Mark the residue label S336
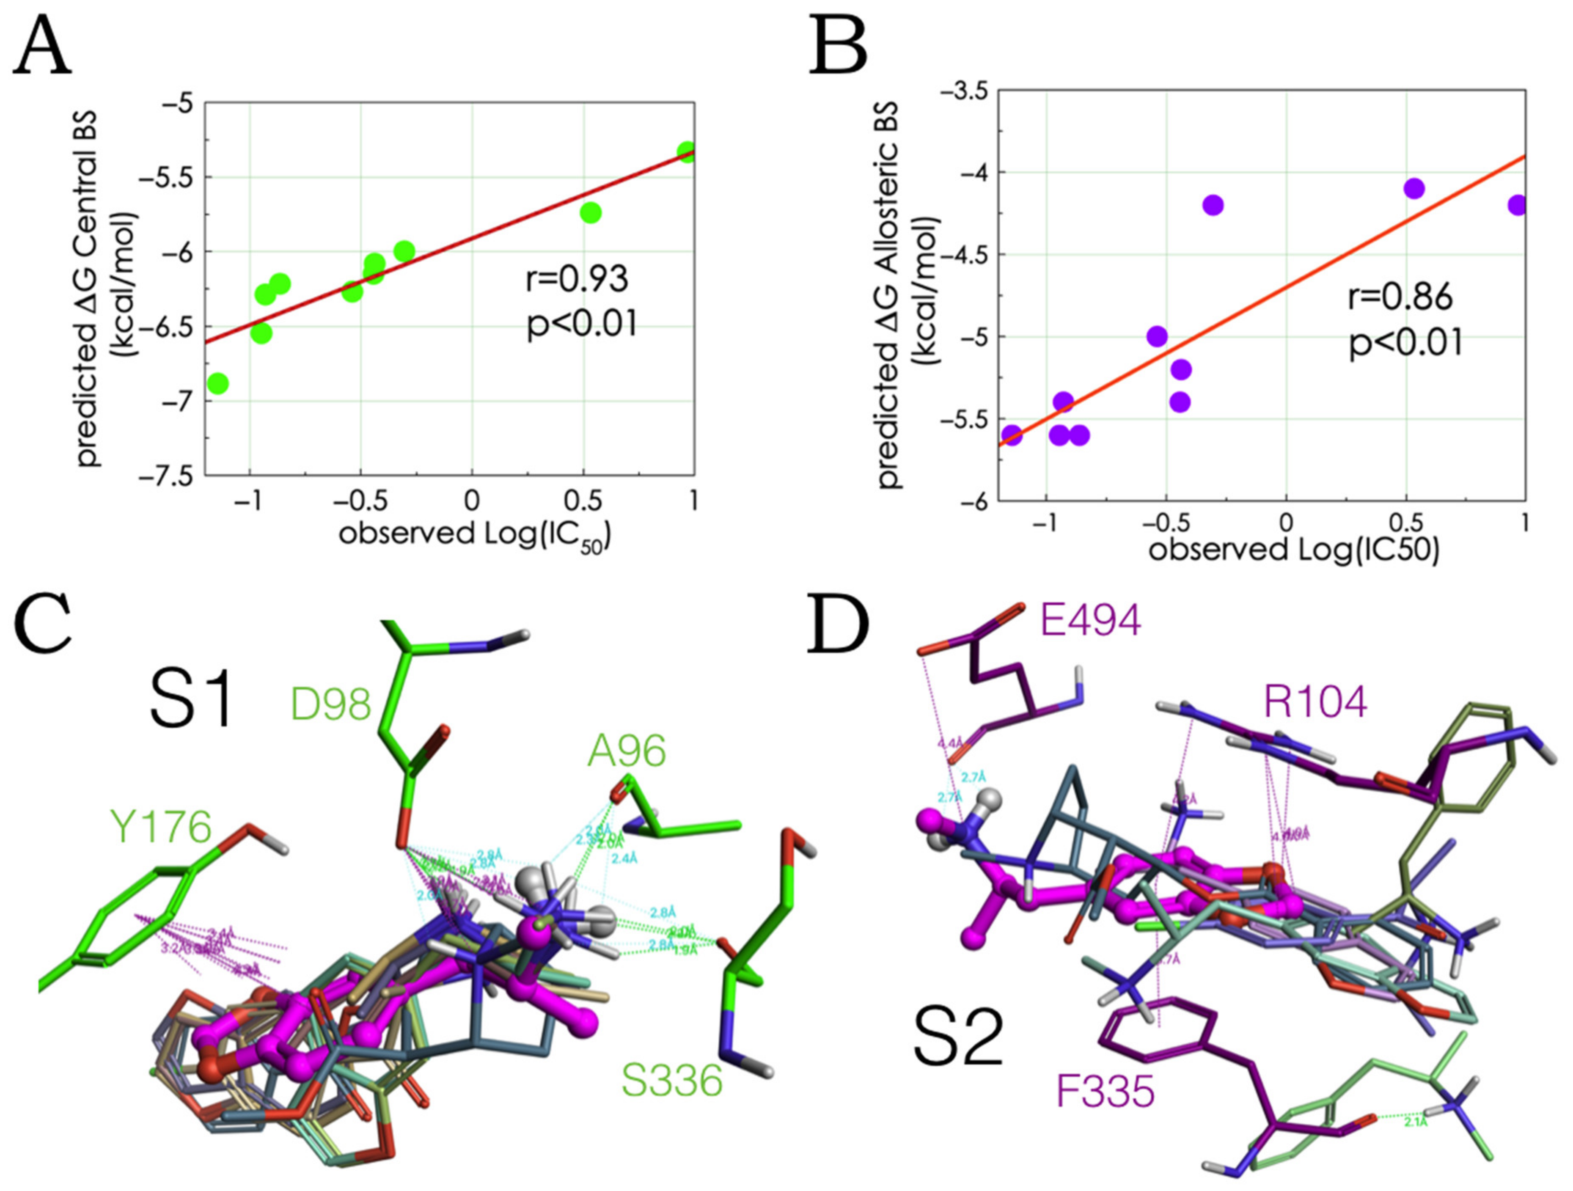[671, 1081]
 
